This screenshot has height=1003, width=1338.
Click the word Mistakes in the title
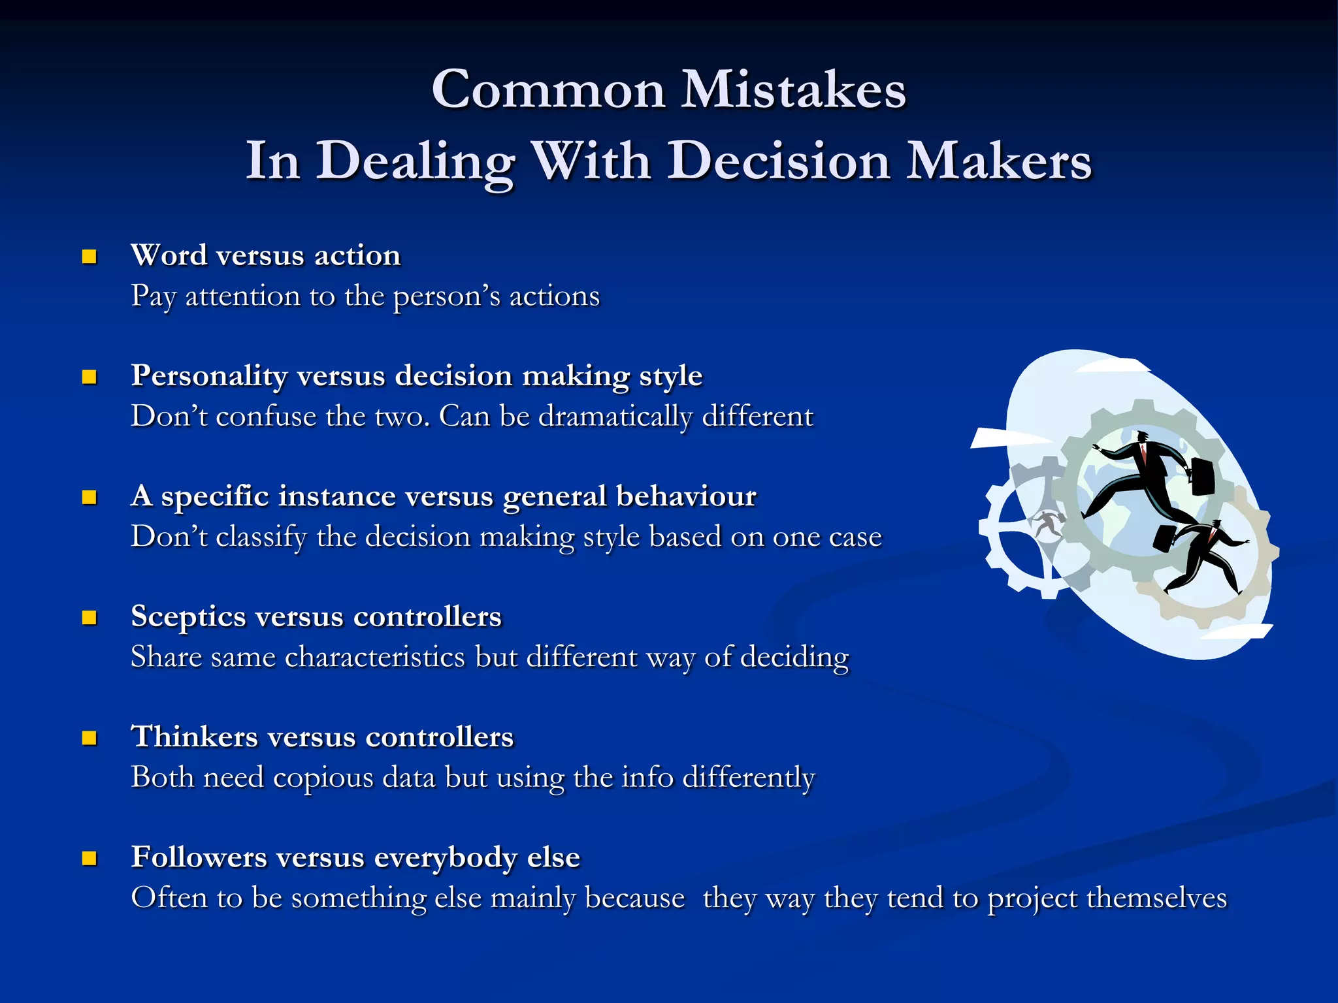793,89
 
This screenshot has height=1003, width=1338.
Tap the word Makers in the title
999,161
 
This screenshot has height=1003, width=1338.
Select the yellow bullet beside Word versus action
90,257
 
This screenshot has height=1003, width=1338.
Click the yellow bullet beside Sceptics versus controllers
90,618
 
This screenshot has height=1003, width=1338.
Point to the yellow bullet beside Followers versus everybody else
90,858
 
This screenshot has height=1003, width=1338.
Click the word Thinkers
195,737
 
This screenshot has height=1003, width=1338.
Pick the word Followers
199,857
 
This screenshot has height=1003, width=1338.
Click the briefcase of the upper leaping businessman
1201,476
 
